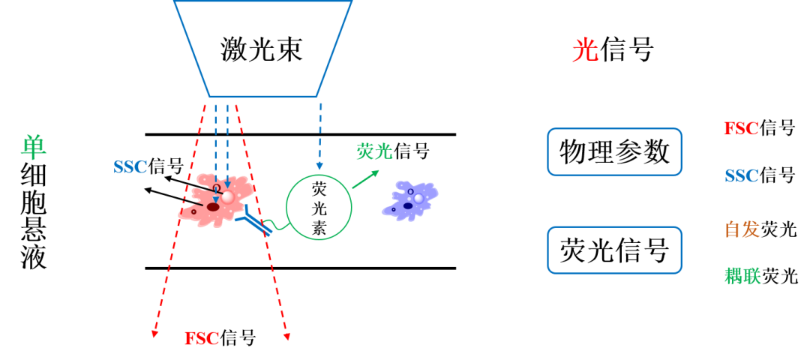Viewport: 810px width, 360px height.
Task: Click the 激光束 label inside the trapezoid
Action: tap(262, 50)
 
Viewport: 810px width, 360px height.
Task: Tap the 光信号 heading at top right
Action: tap(613, 50)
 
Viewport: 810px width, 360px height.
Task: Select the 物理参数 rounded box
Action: tap(615, 151)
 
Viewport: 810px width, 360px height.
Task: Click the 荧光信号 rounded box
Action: tap(615, 250)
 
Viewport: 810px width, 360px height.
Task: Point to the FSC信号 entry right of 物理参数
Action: tap(759, 127)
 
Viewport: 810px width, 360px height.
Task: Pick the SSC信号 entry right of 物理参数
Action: tap(759, 176)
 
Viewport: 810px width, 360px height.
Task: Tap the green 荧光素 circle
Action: tap(319, 206)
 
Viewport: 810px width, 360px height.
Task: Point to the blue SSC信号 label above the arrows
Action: tap(148, 166)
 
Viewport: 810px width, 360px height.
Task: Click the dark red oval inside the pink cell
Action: tap(213, 207)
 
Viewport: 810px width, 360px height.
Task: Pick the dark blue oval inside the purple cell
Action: tap(408, 205)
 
